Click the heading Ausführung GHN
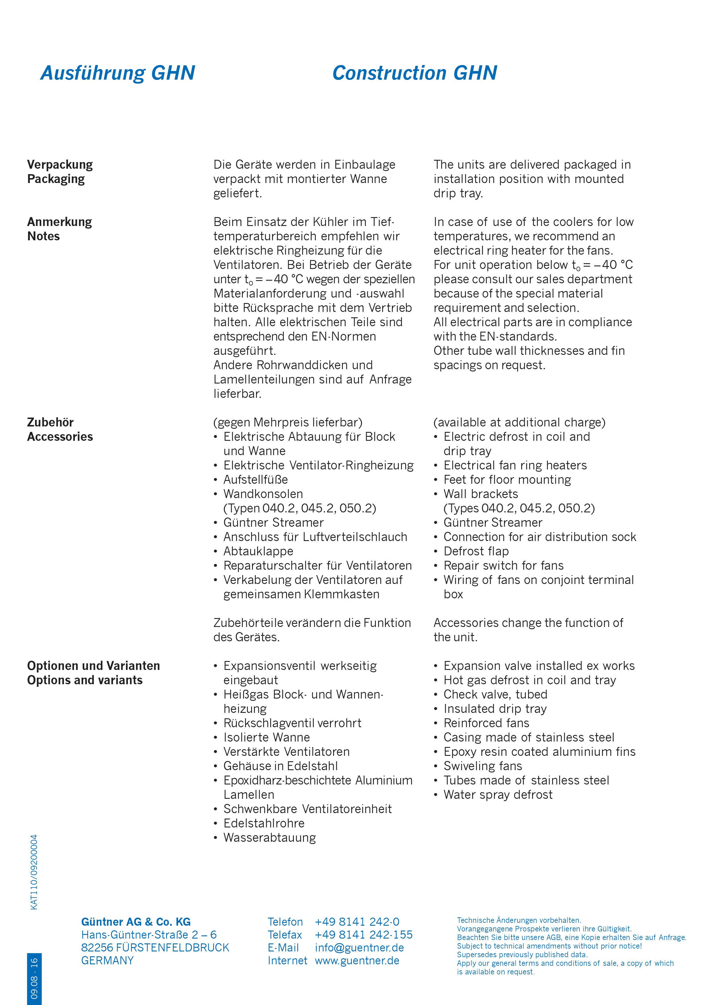(x=118, y=73)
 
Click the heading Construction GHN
(x=415, y=73)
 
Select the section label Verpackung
(x=60, y=165)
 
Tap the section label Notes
(x=43, y=236)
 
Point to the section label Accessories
(x=60, y=437)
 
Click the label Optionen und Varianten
(x=93, y=666)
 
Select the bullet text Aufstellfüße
(x=255, y=480)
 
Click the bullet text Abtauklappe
(x=258, y=552)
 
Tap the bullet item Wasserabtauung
(x=269, y=838)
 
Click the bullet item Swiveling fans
(x=483, y=766)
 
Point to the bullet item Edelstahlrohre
(x=264, y=823)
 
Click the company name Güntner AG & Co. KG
(x=136, y=922)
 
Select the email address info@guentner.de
(x=359, y=948)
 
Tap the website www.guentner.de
(x=357, y=961)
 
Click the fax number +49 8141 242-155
(x=364, y=935)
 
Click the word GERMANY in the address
(x=107, y=961)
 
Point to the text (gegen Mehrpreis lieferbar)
(x=288, y=422)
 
